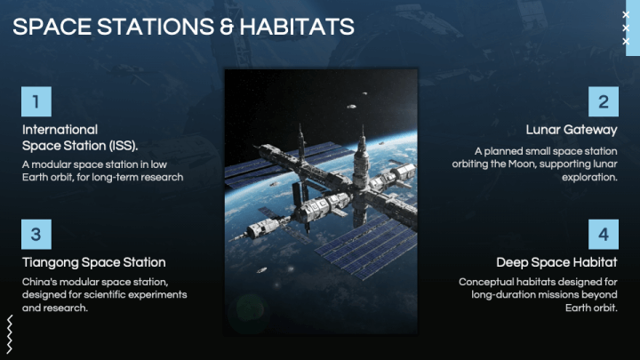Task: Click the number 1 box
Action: point(36,101)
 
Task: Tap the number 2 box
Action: point(603,101)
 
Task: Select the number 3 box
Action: point(36,235)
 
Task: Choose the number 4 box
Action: point(603,235)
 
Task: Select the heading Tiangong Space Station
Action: point(93,262)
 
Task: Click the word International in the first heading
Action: point(60,130)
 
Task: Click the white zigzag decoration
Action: point(10,336)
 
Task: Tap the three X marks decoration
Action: point(626,28)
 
